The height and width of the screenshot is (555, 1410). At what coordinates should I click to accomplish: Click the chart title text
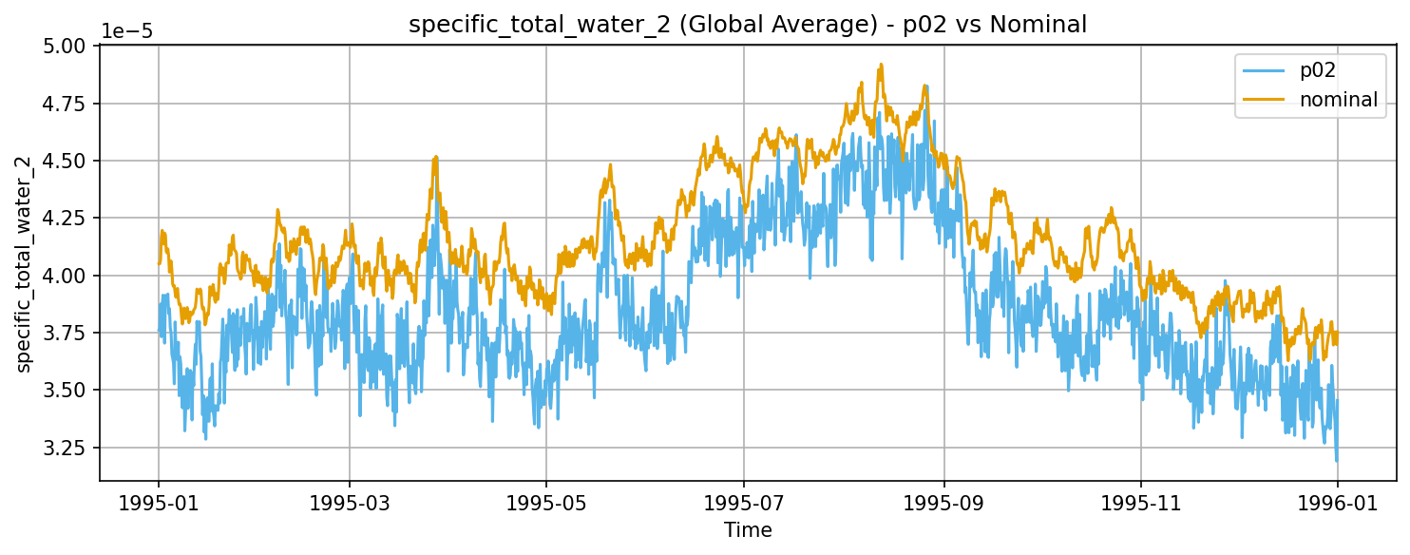[x=748, y=26]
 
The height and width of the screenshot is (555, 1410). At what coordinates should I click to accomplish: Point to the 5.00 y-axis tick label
[x=67, y=46]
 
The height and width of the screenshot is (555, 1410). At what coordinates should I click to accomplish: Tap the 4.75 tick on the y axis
[x=67, y=104]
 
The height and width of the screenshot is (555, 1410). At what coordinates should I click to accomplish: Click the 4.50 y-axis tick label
[x=67, y=161]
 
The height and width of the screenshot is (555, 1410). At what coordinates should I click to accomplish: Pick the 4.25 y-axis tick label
[x=67, y=219]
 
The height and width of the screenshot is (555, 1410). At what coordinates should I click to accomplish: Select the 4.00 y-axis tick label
[x=67, y=276]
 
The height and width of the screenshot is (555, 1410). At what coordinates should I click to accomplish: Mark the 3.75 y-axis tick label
[x=67, y=333]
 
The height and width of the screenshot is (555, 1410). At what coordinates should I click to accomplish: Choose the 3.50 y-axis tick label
[x=67, y=391]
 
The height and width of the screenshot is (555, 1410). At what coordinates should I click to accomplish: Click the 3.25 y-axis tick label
[x=67, y=448]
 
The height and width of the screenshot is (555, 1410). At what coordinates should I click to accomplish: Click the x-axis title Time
[x=748, y=530]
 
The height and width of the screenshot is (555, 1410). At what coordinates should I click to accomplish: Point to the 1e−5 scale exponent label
[x=126, y=31]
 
